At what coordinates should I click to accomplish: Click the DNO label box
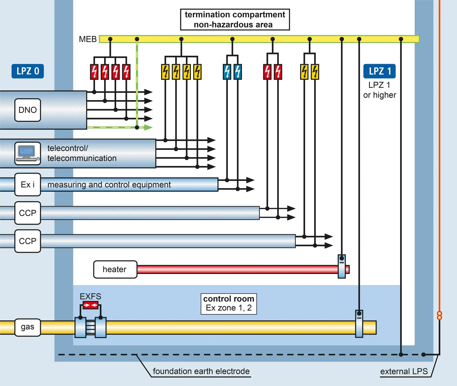28,110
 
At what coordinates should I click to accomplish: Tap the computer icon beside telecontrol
28,153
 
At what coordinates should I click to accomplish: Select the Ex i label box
28,185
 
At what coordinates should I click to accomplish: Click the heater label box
115,269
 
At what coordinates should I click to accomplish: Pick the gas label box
28,327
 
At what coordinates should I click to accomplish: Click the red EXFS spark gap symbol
90,305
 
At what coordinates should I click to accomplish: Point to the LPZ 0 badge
28,71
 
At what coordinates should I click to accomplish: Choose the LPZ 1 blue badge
380,71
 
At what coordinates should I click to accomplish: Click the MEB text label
88,39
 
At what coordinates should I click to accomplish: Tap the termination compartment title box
235,20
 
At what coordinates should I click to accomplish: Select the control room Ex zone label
229,303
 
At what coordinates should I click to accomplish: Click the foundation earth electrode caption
201,371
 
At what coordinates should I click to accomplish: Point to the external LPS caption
404,372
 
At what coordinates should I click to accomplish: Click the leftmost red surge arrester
94,72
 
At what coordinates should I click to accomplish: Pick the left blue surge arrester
227,72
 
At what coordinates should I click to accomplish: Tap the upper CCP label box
28,213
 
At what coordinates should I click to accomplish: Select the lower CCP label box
28,241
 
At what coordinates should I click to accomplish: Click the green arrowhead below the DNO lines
148,127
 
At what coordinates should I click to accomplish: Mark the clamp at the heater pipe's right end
342,267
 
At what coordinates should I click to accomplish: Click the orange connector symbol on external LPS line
439,316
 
